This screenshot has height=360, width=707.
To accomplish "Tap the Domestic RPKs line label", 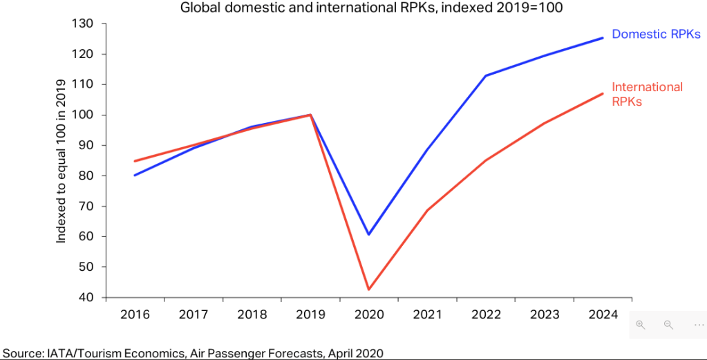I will point(657,35).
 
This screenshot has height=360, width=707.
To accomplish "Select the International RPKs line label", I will point(647,94).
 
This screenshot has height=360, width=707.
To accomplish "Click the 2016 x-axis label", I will point(135,316).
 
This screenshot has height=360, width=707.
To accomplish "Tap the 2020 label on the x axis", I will point(368,316).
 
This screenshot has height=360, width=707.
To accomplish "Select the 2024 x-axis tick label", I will point(603,316).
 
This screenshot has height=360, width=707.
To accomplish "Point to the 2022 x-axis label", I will point(486,316).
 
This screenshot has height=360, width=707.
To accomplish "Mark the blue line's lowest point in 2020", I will point(369,234).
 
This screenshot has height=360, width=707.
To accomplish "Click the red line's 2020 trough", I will point(369,290).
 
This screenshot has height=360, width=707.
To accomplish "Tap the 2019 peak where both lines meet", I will point(310,115).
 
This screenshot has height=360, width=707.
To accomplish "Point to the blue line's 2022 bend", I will point(486,75).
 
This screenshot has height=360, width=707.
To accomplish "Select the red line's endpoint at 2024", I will point(603,93).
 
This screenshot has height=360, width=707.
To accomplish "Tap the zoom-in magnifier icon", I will point(641,325).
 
